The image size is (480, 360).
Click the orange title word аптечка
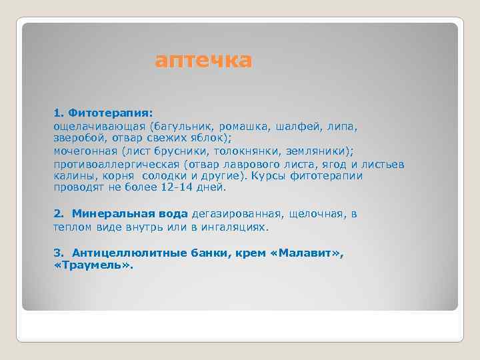203,61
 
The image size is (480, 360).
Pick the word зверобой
79,137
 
